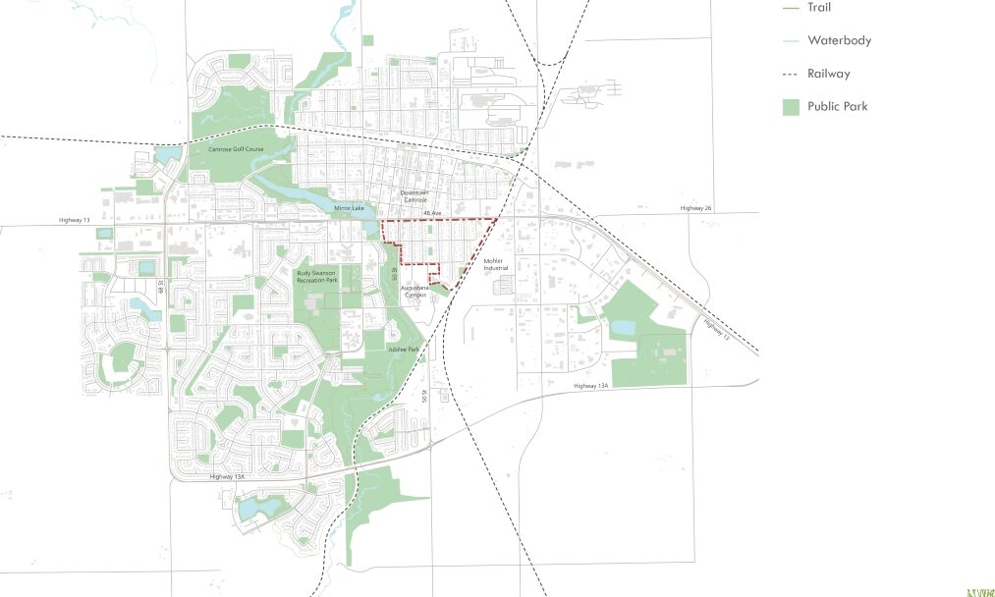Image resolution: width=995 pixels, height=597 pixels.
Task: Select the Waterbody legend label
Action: coord(839,40)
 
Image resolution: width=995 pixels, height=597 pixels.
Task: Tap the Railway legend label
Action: coord(828,74)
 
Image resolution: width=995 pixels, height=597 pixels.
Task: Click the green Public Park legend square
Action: coord(791,107)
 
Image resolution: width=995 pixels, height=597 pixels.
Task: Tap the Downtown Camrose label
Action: coord(417,196)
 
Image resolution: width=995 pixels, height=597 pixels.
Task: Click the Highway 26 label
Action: coord(693,208)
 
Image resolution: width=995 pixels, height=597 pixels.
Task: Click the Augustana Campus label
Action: coord(414,291)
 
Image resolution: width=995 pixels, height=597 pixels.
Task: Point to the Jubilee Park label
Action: coord(403,349)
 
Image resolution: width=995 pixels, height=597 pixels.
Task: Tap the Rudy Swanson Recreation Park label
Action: coord(316,277)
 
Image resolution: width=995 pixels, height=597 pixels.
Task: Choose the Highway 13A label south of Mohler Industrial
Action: coord(591,386)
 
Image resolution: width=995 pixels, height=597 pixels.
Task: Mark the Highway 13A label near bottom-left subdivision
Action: coord(226,476)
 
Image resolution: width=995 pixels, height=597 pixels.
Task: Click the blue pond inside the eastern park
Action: coord(623,328)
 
